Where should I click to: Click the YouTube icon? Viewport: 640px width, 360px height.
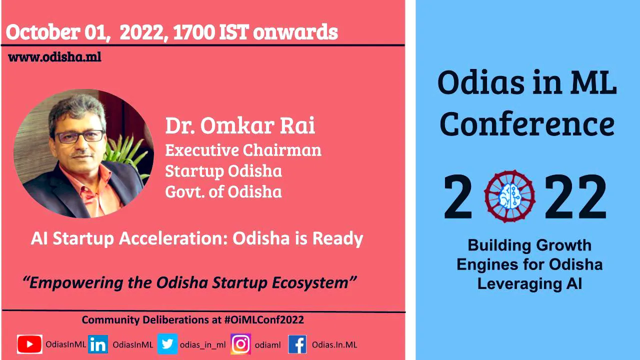point(29,344)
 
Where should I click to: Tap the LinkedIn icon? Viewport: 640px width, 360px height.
point(98,344)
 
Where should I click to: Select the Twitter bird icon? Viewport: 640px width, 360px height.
point(167,344)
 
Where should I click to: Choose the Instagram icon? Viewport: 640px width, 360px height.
point(240,344)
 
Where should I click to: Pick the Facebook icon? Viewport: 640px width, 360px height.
point(297,344)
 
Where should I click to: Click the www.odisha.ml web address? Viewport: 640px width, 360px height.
point(54,57)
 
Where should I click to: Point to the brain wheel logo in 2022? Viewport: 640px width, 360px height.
point(510,196)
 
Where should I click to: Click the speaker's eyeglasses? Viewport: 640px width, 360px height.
point(80,136)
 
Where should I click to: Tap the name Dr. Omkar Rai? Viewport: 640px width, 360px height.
point(240,125)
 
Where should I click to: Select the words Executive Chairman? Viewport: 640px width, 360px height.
point(243,150)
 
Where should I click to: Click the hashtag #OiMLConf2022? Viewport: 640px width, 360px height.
point(264,319)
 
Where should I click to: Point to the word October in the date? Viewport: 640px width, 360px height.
point(43,32)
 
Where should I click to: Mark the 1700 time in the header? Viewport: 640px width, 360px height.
point(194,32)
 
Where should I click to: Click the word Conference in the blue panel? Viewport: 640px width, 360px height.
point(527,124)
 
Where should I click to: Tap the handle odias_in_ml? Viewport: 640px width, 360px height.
point(203,345)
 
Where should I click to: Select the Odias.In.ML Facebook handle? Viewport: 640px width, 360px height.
point(334,345)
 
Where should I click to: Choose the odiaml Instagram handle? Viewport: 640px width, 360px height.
point(267,345)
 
